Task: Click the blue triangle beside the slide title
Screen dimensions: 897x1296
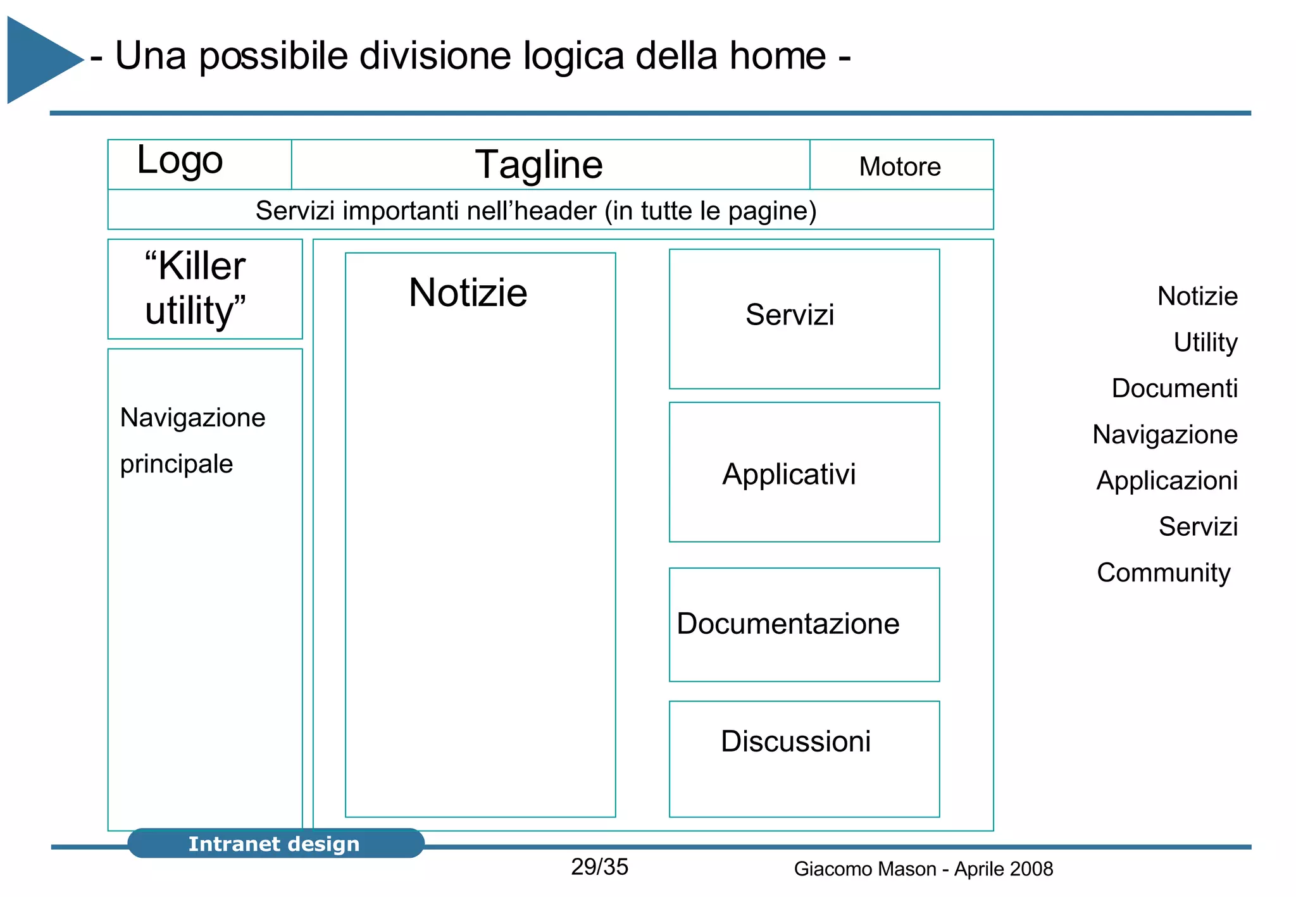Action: (38, 60)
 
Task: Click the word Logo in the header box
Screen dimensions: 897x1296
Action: (180, 161)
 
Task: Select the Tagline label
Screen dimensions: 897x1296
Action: (539, 165)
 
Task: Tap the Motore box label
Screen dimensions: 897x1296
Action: (899, 167)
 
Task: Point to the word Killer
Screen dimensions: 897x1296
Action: (201, 266)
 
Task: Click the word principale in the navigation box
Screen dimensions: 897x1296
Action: (177, 464)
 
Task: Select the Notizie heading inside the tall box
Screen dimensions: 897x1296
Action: (468, 293)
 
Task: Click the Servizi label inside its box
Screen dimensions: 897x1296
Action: (789, 315)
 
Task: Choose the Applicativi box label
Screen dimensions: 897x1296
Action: (788, 474)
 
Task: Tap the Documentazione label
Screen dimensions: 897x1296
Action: (787, 624)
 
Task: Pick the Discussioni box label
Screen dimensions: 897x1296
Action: (795, 741)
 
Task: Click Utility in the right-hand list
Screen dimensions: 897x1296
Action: (1205, 342)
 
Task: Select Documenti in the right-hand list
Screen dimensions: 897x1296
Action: (1174, 388)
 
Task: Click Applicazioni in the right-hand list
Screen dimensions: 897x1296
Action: (1166, 481)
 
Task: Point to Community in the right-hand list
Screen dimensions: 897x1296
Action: (1163, 573)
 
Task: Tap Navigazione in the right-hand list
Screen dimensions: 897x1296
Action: (1164, 435)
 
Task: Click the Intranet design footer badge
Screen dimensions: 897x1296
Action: (275, 844)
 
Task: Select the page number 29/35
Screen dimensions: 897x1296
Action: (599, 867)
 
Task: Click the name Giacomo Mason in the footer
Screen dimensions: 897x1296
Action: (864, 869)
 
